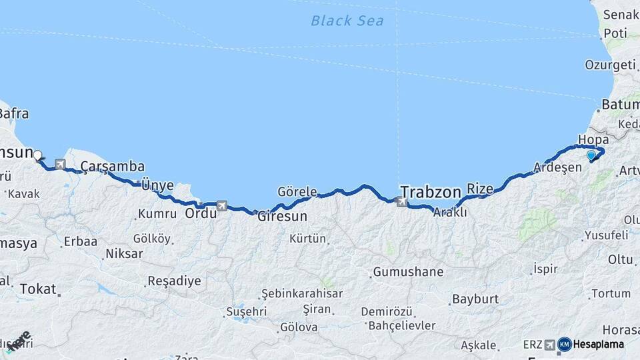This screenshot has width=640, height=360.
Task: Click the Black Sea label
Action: click(x=347, y=21)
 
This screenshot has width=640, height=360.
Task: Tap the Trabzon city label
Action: click(x=430, y=192)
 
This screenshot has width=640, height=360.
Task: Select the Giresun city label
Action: click(x=283, y=216)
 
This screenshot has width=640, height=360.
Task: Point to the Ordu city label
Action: click(x=201, y=214)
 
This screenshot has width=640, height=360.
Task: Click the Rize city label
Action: click(x=480, y=189)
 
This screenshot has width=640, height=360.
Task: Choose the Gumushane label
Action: click(x=408, y=272)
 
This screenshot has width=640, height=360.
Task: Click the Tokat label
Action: click(x=37, y=289)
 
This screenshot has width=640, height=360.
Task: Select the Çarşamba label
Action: click(x=112, y=166)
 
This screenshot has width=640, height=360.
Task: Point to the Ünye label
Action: click(x=157, y=185)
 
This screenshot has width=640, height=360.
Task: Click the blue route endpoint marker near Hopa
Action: click(x=591, y=155)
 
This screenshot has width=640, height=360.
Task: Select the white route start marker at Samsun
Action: click(x=37, y=155)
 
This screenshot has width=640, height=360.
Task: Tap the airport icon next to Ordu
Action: click(x=221, y=205)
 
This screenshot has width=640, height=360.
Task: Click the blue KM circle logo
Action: click(x=564, y=344)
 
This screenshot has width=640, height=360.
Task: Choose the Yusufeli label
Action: click(x=606, y=235)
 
